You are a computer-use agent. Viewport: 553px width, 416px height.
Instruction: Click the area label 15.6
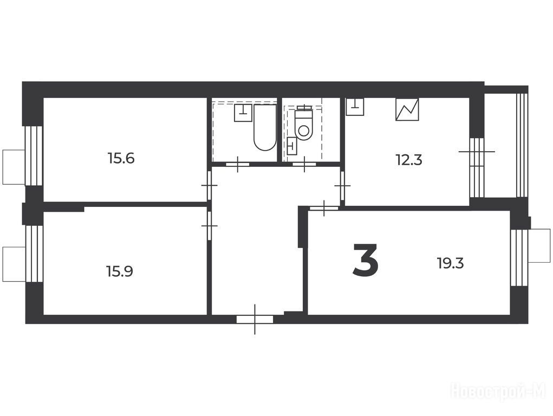(x=121, y=158)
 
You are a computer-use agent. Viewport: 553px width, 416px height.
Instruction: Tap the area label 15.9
(x=120, y=271)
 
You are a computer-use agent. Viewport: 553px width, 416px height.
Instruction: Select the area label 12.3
(x=409, y=160)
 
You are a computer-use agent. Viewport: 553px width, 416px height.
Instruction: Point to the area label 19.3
(x=451, y=263)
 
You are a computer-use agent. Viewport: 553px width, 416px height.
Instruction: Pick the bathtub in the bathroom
(x=265, y=127)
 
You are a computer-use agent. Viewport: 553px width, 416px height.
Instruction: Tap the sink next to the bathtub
(x=243, y=113)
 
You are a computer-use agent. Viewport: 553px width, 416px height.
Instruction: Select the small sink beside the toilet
(x=292, y=146)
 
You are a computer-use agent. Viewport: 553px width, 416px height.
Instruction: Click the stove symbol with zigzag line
(x=407, y=109)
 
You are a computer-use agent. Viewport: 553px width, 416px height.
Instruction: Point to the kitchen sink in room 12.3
(x=355, y=107)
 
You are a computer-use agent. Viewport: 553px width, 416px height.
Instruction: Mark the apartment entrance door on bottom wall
(x=255, y=319)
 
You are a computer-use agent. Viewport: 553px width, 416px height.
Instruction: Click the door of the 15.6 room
(x=210, y=185)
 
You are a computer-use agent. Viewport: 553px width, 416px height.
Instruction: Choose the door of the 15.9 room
(x=210, y=225)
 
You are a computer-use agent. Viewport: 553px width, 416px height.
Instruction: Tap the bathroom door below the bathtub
(x=237, y=164)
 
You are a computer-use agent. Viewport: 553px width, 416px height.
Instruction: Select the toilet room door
(x=304, y=164)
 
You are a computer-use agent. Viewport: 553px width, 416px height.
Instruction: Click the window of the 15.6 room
(x=34, y=156)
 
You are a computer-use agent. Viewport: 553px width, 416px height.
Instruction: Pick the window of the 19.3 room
(x=519, y=258)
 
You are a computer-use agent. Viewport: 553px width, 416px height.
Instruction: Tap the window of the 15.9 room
(x=34, y=253)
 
